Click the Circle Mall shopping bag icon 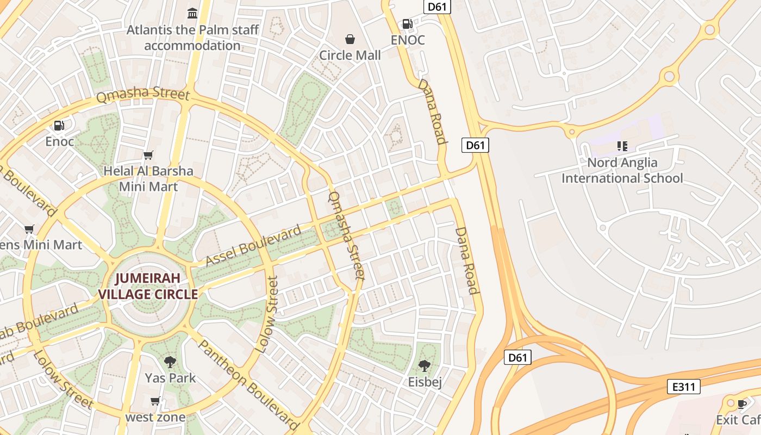(350, 39)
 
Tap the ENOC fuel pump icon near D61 (407, 24)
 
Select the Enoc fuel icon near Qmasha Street (59, 126)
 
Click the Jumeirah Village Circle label (147, 287)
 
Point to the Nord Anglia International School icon (622, 146)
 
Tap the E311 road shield (683, 387)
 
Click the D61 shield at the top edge (438, 7)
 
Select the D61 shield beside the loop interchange (517, 357)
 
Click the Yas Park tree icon (170, 362)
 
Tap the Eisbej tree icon (425, 366)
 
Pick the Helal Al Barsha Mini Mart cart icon (148, 156)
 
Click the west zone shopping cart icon (155, 402)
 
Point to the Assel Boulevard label (253, 245)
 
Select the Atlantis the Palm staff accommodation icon (192, 13)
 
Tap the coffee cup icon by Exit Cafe (742, 403)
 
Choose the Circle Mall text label (350, 55)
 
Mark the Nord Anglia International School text (622, 170)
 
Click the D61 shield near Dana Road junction (475, 145)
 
